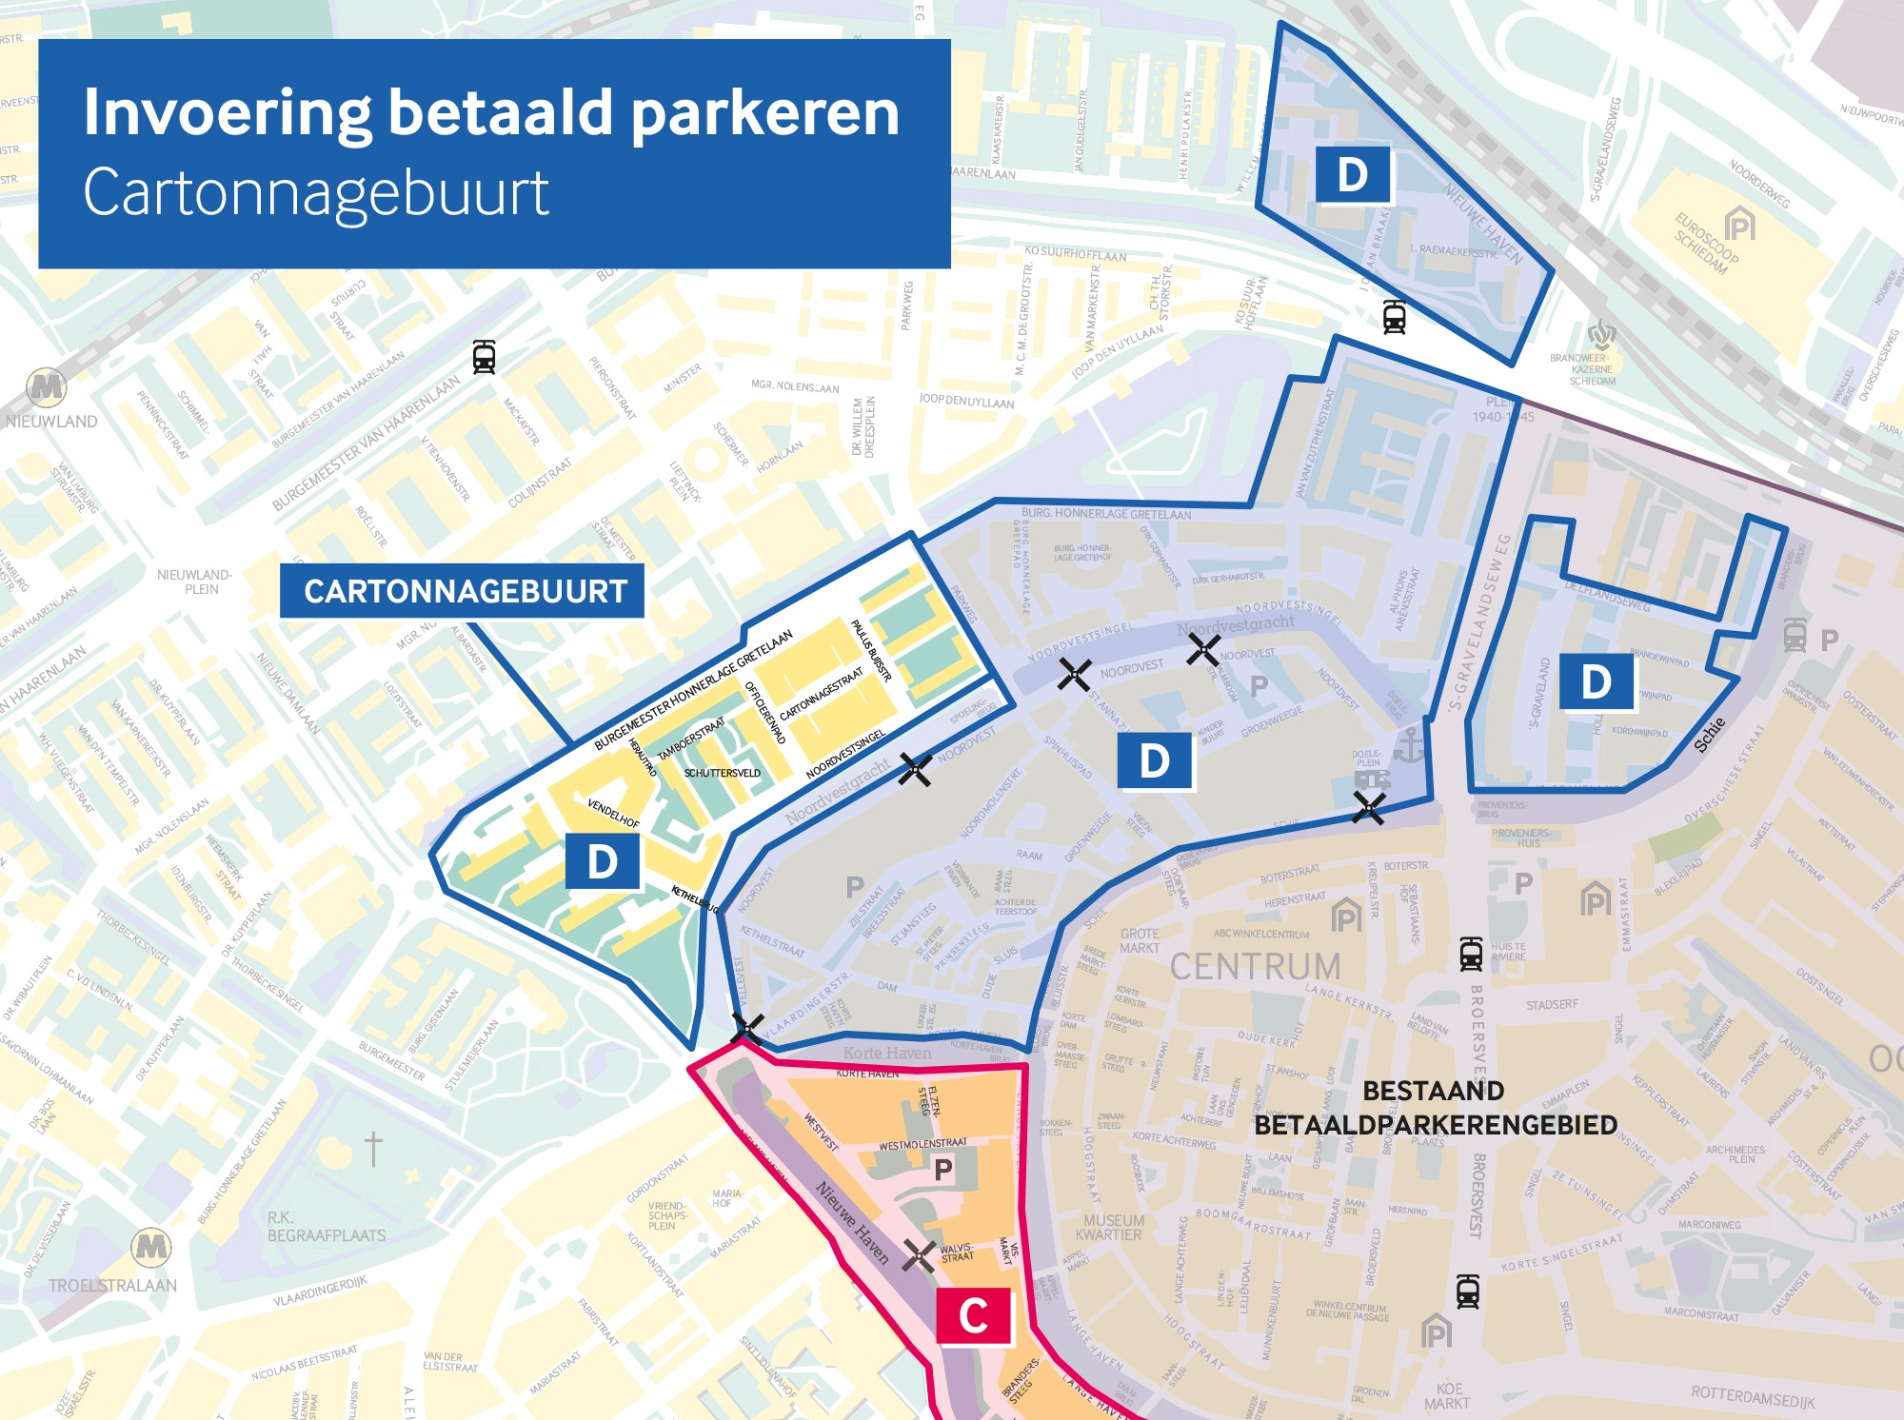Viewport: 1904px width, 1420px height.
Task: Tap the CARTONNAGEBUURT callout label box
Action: point(463,591)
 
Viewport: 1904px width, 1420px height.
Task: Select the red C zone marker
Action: point(973,1316)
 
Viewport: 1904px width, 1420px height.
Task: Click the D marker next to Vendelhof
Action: point(602,861)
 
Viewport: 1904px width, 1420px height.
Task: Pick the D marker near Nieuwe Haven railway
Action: point(1352,175)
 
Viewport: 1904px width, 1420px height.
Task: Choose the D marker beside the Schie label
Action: point(1597,682)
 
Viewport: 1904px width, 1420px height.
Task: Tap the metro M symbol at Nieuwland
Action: point(46,387)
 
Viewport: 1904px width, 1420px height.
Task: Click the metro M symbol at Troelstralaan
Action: point(151,1246)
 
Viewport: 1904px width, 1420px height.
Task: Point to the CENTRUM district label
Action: point(1255,967)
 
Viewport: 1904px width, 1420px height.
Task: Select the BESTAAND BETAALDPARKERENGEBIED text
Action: point(1435,1108)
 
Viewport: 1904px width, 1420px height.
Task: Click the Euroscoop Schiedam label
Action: point(1706,244)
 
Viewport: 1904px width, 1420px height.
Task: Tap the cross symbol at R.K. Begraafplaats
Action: point(373,1149)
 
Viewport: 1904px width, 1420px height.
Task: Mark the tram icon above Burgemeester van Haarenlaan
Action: point(484,357)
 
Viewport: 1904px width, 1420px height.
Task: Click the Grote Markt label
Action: point(1140,940)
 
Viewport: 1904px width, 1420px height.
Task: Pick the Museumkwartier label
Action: point(1112,1228)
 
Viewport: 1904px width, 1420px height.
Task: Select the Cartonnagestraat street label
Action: point(821,694)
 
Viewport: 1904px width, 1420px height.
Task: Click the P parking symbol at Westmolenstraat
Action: point(942,1170)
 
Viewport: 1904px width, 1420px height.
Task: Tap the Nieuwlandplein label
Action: point(195,582)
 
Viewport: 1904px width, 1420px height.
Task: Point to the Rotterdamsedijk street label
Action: point(1753,1397)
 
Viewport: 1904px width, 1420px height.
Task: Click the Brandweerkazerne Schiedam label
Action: point(1592,369)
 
